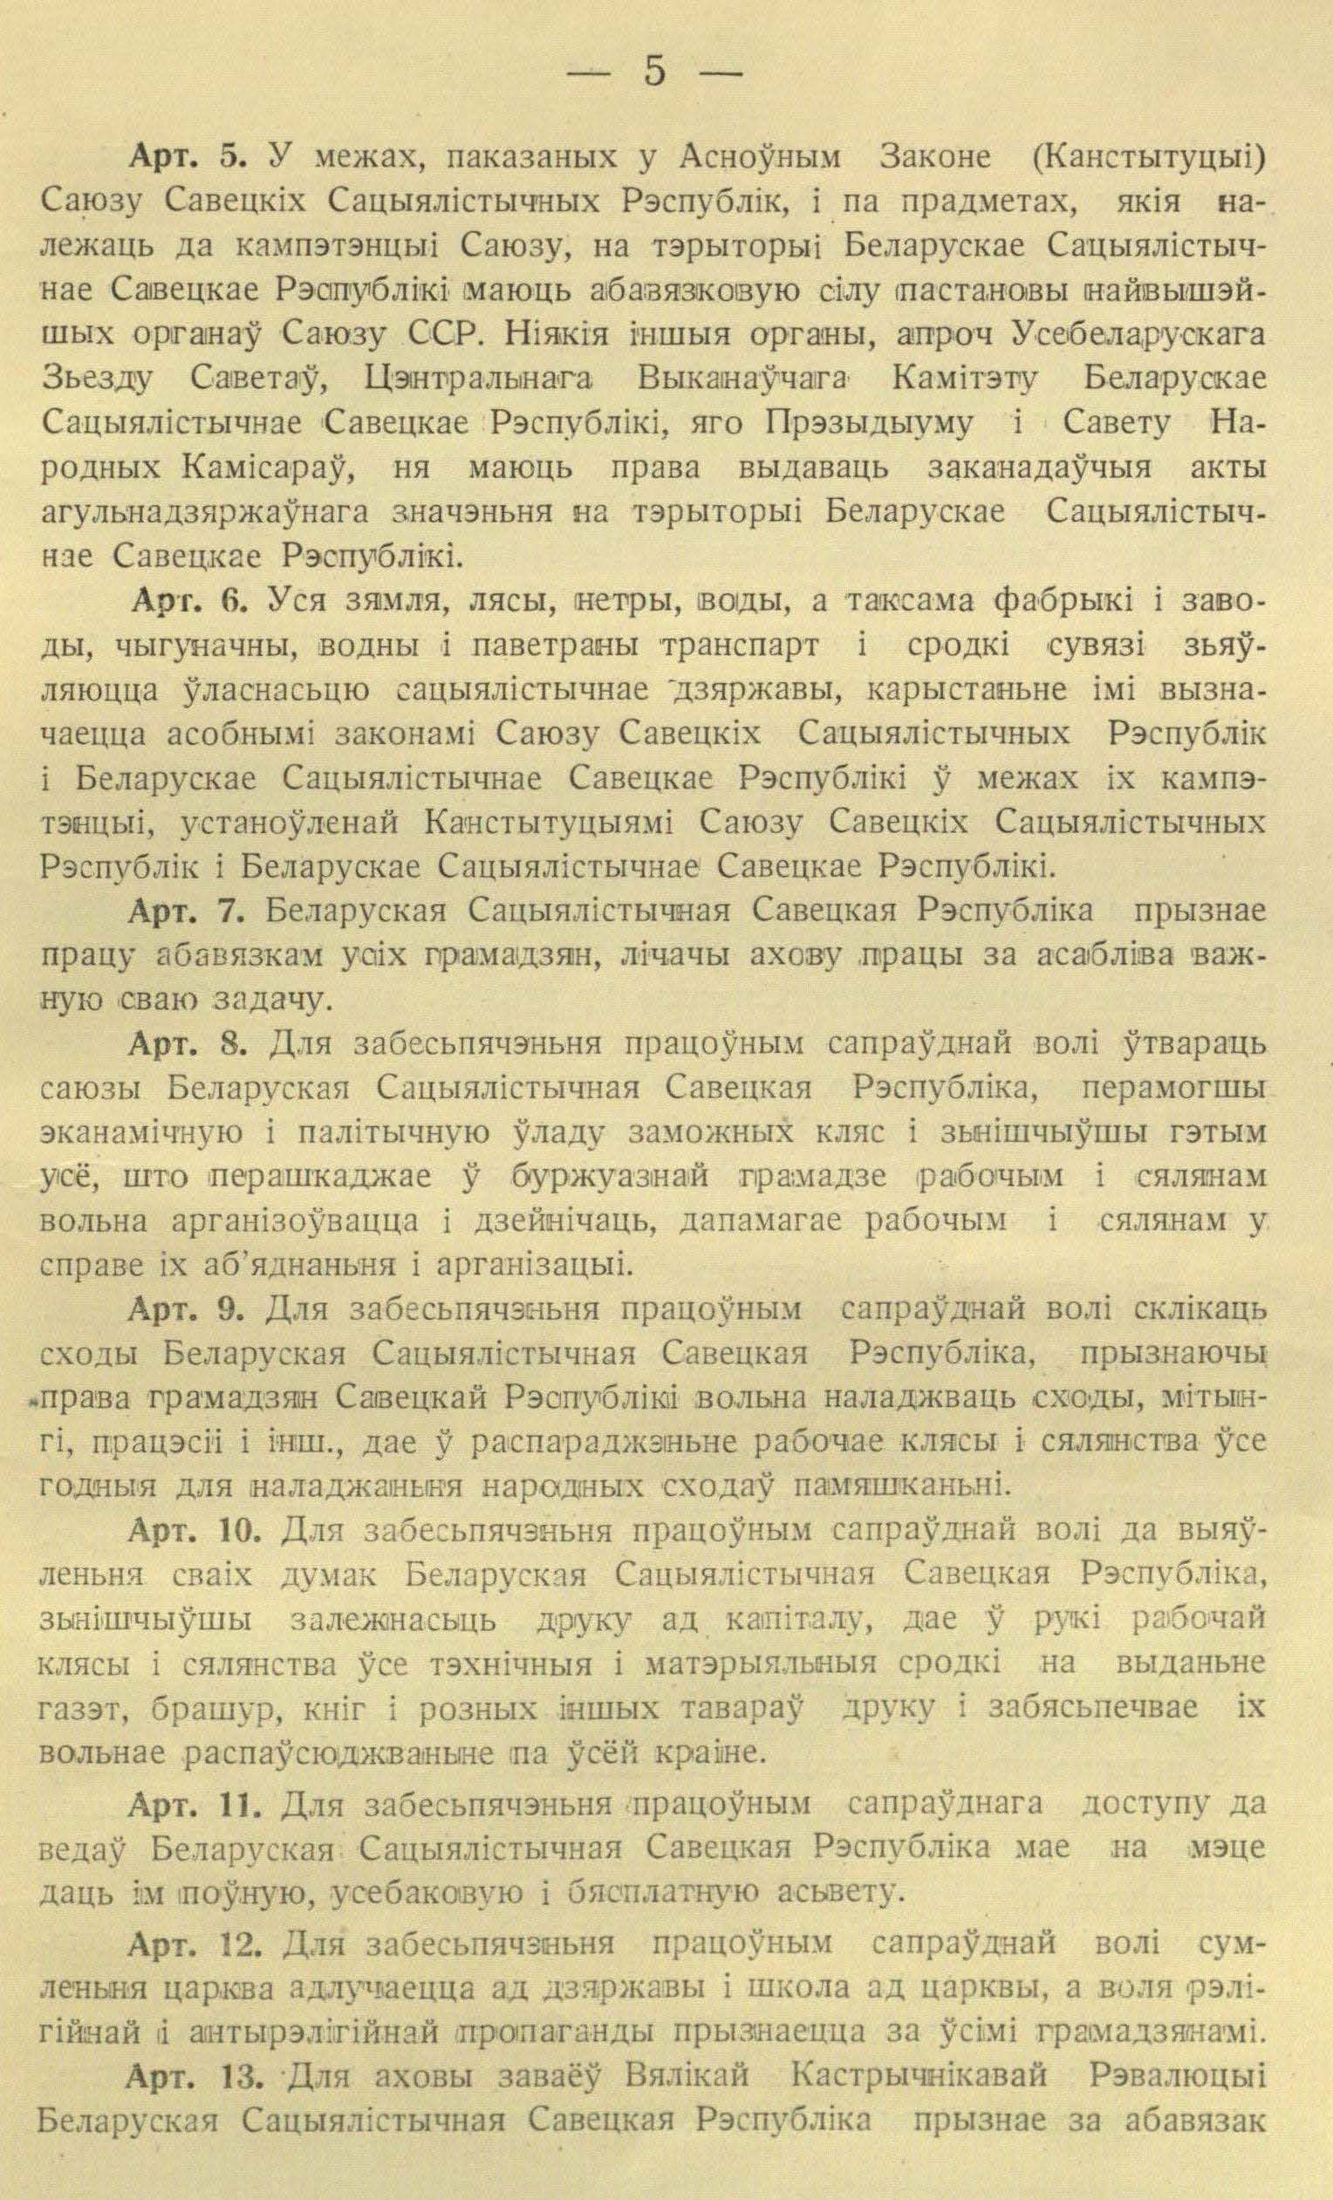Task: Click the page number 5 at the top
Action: coord(653,72)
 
